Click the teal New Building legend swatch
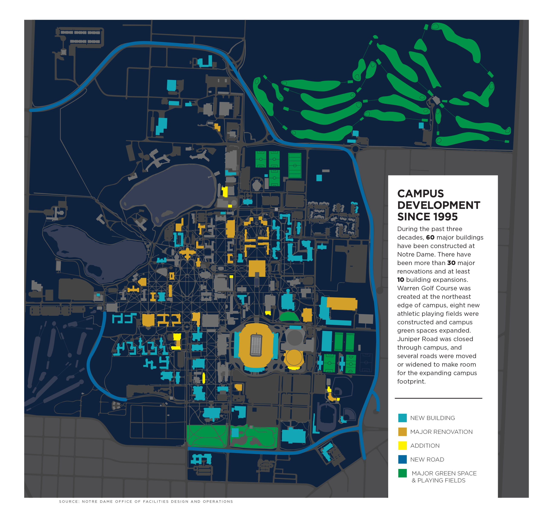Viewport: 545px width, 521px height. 402,418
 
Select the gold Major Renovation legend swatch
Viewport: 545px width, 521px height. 402,432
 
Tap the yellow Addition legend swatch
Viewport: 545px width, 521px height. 402,445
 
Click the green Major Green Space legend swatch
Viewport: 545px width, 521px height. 402,473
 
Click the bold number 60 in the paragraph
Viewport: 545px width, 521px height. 430,238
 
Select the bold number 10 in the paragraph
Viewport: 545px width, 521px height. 401,280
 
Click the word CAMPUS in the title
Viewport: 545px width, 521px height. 420,194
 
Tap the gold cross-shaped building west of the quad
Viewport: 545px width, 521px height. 188,253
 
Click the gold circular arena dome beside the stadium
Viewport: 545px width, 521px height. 293,358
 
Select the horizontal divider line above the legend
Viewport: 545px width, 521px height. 438,398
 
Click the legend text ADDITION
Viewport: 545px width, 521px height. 425,446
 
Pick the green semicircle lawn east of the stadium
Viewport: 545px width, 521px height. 289,317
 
